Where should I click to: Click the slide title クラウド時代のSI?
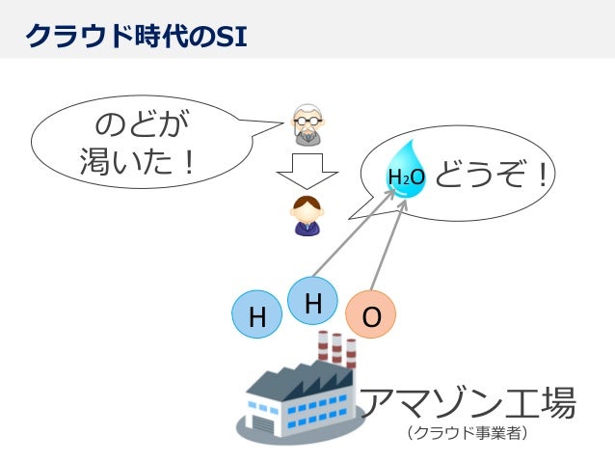(x=135, y=35)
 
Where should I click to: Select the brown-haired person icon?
(x=307, y=215)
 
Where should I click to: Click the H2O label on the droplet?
(x=405, y=178)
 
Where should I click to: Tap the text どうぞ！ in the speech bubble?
(x=492, y=176)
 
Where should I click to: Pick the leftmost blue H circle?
(x=257, y=316)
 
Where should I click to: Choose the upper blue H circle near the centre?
(x=312, y=302)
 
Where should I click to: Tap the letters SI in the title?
(x=229, y=35)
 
